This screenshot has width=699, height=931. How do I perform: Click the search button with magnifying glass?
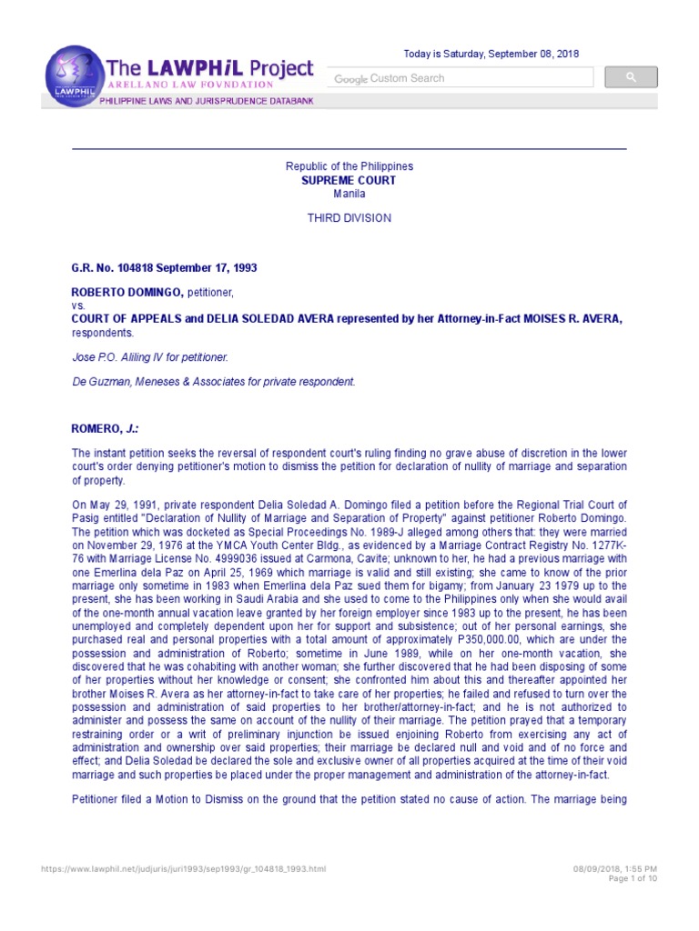[x=631, y=78]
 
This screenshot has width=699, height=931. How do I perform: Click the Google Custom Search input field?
[x=455, y=79]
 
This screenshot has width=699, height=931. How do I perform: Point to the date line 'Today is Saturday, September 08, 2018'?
[x=491, y=55]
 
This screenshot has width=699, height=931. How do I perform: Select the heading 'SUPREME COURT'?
[x=349, y=181]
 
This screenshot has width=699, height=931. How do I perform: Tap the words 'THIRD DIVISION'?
[x=349, y=218]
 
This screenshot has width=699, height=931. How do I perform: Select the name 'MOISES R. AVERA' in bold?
[x=578, y=320]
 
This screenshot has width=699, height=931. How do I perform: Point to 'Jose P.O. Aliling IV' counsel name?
[x=119, y=357]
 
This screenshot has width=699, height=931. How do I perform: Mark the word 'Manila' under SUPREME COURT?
[x=349, y=194]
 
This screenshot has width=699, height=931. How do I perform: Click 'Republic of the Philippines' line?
[x=349, y=166]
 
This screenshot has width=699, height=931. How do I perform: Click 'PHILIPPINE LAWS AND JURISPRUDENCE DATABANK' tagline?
[x=207, y=101]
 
